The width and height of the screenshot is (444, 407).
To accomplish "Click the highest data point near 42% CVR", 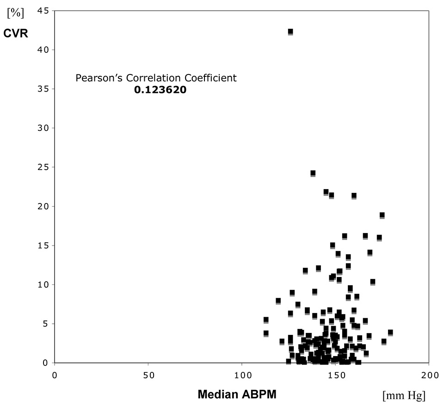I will pyautogui.click(x=290, y=31).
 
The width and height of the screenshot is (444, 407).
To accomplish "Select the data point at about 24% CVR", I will pyautogui.click(x=313, y=173).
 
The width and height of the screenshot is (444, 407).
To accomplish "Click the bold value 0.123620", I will pyautogui.click(x=160, y=90).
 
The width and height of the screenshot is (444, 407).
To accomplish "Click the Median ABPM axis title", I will pyautogui.click(x=237, y=395).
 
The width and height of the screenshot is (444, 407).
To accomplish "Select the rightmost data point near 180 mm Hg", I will pyautogui.click(x=390, y=332).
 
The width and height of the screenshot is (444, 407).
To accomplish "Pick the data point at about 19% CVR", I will pyautogui.click(x=382, y=215).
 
